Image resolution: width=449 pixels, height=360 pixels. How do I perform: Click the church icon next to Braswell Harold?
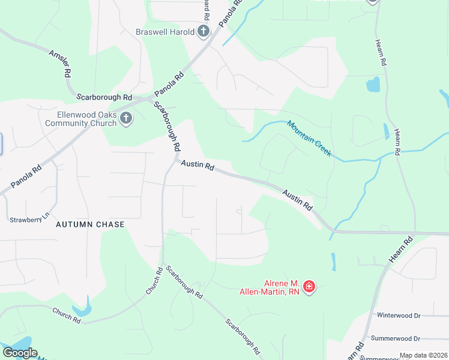pyautogui.click(x=203, y=31)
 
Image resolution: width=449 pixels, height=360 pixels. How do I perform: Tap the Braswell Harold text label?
pyautogui.click(x=165, y=32)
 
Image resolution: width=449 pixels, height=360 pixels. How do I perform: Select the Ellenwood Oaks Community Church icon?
pyautogui.click(x=126, y=118)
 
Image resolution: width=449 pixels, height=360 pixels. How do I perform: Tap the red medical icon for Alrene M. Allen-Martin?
pyautogui.click(x=309, y=287)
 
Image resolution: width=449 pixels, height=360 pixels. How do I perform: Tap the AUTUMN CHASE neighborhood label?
pyautogui.click(x=90, y=224)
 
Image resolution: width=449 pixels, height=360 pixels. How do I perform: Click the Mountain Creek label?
pyautogui.click(x=309, y=139)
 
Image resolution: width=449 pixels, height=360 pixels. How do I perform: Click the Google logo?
pyautogui.click(x=20, y=353)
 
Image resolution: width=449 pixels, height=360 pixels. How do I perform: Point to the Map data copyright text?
pyautogui.click(x=423, y=355)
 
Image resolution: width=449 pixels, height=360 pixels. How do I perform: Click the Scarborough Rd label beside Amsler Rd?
pyautogui.click(x=104, y=97)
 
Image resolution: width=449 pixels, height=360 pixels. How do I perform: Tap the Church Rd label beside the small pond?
pyautogui.click(x=66, y=315)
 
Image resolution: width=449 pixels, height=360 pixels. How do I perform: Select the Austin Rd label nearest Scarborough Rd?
pyautogui.click(x=197, y=165)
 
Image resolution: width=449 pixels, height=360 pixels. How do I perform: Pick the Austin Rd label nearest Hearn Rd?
pyautogui.click(x=298, y=200)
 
